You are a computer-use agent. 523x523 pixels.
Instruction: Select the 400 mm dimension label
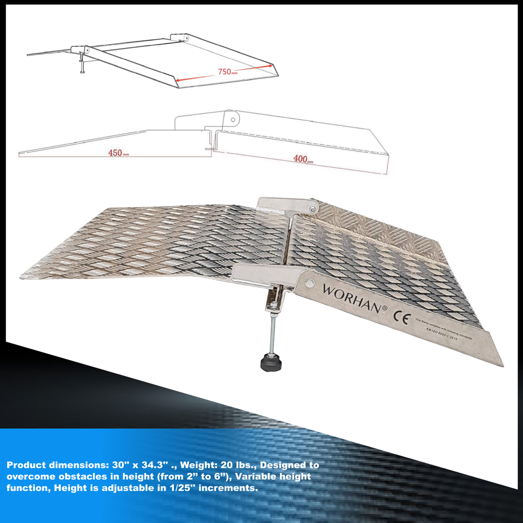click(302, 159)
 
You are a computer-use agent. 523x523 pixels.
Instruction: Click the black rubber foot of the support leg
click(271, 362)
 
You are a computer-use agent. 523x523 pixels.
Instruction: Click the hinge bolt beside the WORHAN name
click(310, 282)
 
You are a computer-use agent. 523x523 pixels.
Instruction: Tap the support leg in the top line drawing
click(82, 62)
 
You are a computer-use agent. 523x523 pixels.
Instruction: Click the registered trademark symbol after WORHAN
click(385, 308)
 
